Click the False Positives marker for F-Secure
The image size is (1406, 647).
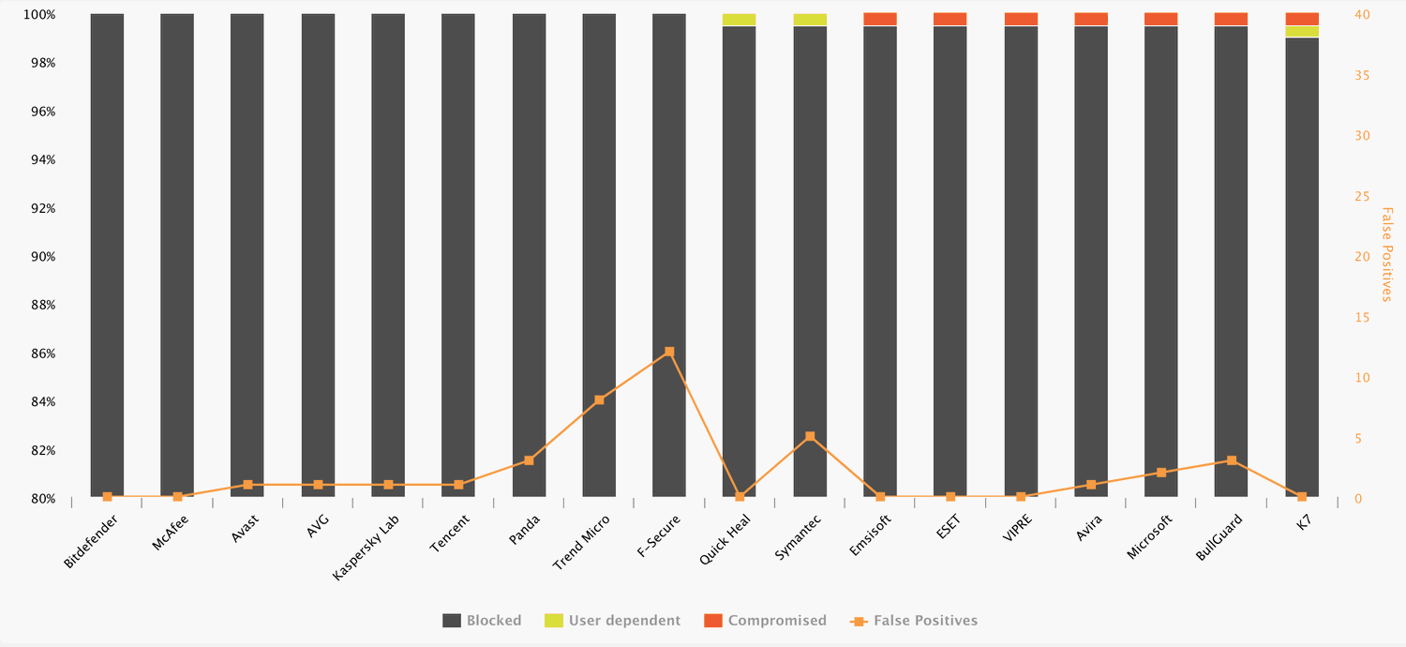point(669,352)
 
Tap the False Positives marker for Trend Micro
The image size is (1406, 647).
point(599,400)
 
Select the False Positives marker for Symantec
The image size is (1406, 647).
point(810,437)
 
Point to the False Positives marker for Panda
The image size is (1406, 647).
point(529,460)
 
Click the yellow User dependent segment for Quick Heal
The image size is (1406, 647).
point(740,20)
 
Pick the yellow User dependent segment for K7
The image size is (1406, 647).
point(1302,32)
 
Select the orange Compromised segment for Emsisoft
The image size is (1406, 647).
point(880,20)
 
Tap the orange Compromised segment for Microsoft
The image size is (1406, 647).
point(1161,20)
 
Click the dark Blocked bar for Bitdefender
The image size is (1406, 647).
point(107,253)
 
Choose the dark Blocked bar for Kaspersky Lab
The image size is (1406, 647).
point(388,253)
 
